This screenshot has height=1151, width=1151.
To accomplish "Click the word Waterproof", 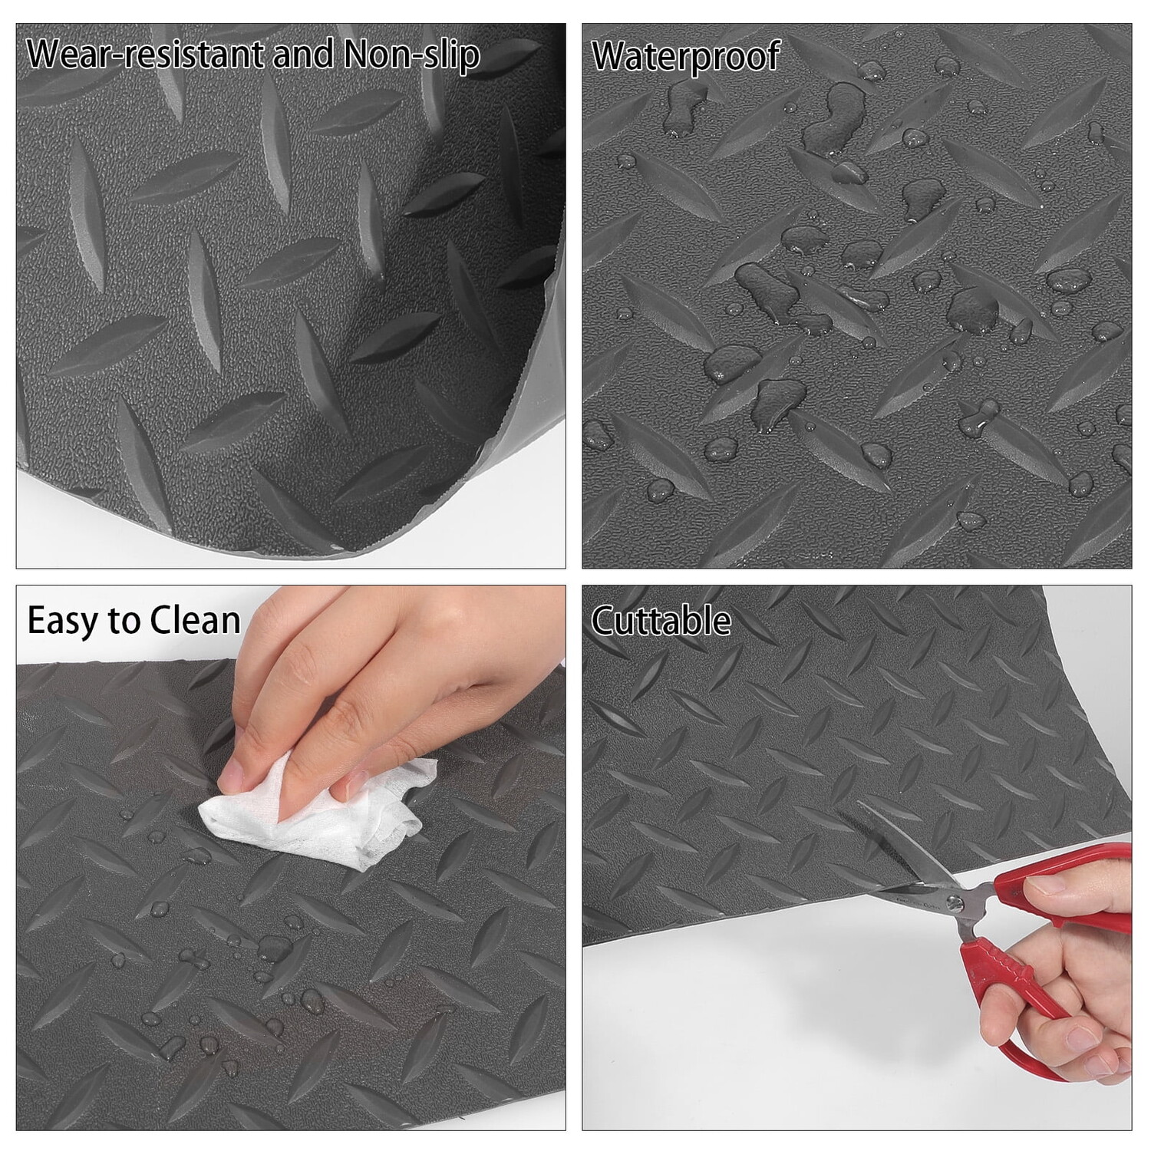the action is [x=685, y=56].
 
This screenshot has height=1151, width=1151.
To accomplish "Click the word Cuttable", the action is [x=661, y=620].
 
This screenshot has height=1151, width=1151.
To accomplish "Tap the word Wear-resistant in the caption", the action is [x=140, y=54].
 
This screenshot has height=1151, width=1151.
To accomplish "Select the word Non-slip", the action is [x=411, y=54].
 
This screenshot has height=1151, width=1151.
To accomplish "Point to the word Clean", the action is [x=195, y=620].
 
